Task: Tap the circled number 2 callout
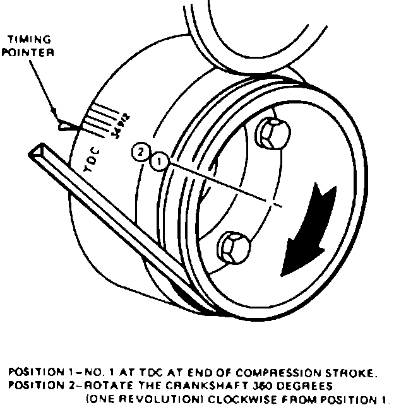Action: (x=142, y=151)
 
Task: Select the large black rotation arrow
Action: (x=304, y=233)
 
